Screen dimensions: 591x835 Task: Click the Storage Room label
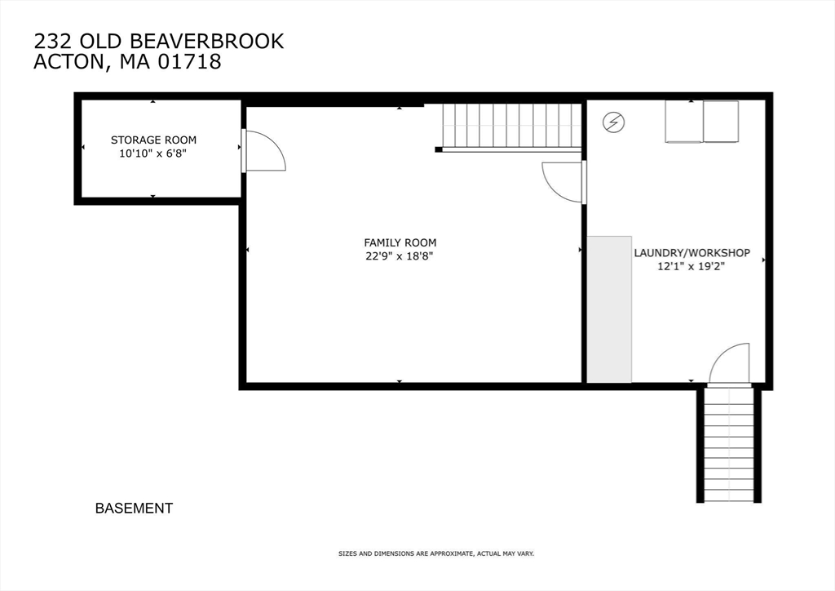click(x=153, y=140)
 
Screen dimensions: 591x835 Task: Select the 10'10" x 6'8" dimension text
click(x=153, y=153)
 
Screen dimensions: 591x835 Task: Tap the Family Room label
click(x=400, y=242)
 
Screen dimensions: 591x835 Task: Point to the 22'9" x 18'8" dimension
click(x=400, y=256)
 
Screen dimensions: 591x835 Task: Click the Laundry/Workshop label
click(x=691, y=253)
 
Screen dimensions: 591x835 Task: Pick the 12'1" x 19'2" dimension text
click(x=691, y=266)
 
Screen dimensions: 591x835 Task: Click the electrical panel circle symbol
click(x=613, y=123)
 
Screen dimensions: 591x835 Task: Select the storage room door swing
click(x=263, y=152)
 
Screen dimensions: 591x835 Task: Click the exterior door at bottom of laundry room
click(x=729, y=364)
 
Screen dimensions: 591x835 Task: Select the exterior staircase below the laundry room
click(x=729, y=444)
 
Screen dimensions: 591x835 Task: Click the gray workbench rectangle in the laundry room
click(x=609, y=309)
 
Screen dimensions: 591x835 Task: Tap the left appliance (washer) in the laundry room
click(x=683, y=122)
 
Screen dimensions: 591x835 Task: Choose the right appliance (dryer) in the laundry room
click(x=721, y=122)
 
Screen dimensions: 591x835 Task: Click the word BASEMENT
click(x=134, y=509)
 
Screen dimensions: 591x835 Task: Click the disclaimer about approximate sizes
click(x=435, y=554)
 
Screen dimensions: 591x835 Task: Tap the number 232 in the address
click(x=51, y=42)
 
